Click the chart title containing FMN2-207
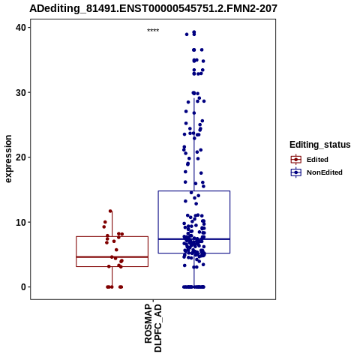[153, 8]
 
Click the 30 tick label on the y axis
[21, 92]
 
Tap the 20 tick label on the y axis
[21, 157]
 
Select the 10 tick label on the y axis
[21, 222]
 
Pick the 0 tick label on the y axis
[24, 287]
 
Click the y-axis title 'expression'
[8, 159]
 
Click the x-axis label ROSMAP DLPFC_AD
[153, 328]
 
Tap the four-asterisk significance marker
[153, 31]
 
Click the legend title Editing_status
[320, 145]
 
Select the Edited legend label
[317, 160]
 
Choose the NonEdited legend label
[325, 172]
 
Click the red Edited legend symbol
[296, 160]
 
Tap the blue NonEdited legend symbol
[296, 172]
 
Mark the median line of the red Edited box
[112, 257]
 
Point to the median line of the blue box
[194, 239]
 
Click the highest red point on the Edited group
[110, 211]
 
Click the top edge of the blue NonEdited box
[194, 191]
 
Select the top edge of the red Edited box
[112, 236]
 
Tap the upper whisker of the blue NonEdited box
[194, 145]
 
